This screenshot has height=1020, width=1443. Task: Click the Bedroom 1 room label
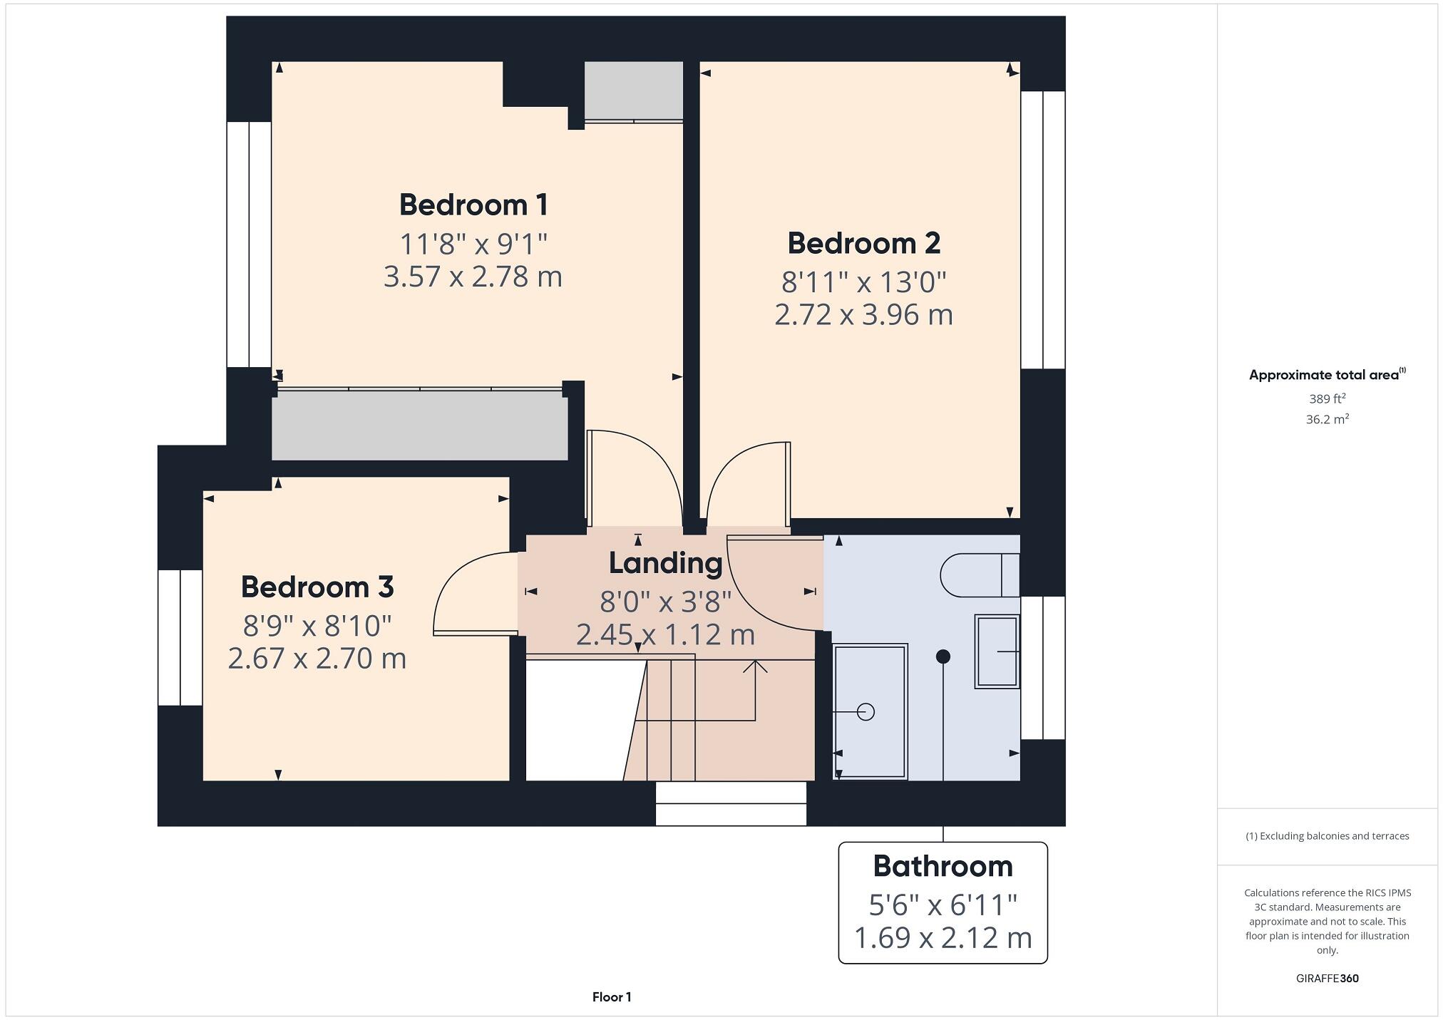473,205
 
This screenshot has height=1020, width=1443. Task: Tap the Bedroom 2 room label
863,244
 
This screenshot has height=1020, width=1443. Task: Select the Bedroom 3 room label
317,587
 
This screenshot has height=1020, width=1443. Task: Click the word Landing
665,563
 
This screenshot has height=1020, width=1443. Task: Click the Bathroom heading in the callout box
943,867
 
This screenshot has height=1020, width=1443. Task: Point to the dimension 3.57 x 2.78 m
473,277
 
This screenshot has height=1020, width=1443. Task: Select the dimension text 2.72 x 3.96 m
863,315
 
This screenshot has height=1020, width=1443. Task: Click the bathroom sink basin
996,652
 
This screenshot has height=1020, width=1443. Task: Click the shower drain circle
866,711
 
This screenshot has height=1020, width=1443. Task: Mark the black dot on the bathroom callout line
943,656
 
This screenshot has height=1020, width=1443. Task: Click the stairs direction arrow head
755,666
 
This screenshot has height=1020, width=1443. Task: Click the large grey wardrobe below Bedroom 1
419,426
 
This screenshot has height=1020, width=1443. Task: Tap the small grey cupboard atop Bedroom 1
633,90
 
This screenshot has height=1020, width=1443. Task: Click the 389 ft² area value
1327,399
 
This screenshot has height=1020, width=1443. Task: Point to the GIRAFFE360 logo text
1327,979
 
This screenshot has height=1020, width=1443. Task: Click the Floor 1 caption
612,997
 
